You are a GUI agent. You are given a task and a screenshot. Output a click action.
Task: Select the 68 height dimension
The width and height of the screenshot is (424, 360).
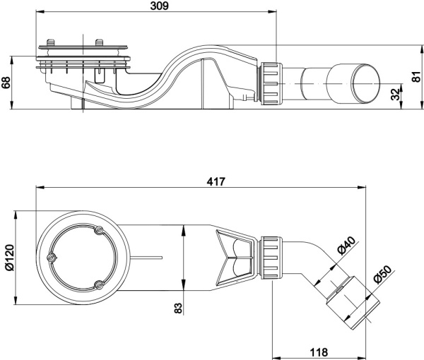[6, 83]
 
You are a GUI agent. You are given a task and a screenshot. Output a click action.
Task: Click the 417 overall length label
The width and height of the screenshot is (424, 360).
[216, 181]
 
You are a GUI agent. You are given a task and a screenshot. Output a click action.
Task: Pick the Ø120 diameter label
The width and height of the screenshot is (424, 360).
[7, 258]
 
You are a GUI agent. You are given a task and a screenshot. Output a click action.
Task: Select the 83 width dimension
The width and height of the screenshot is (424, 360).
[177, 308]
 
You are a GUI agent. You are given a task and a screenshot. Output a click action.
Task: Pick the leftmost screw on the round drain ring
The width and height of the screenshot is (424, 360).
[50, 258]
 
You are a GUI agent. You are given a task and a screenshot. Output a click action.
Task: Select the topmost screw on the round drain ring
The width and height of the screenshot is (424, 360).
[98, 230]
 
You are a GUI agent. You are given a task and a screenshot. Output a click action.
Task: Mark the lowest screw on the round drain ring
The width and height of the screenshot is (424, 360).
[98, 284]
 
